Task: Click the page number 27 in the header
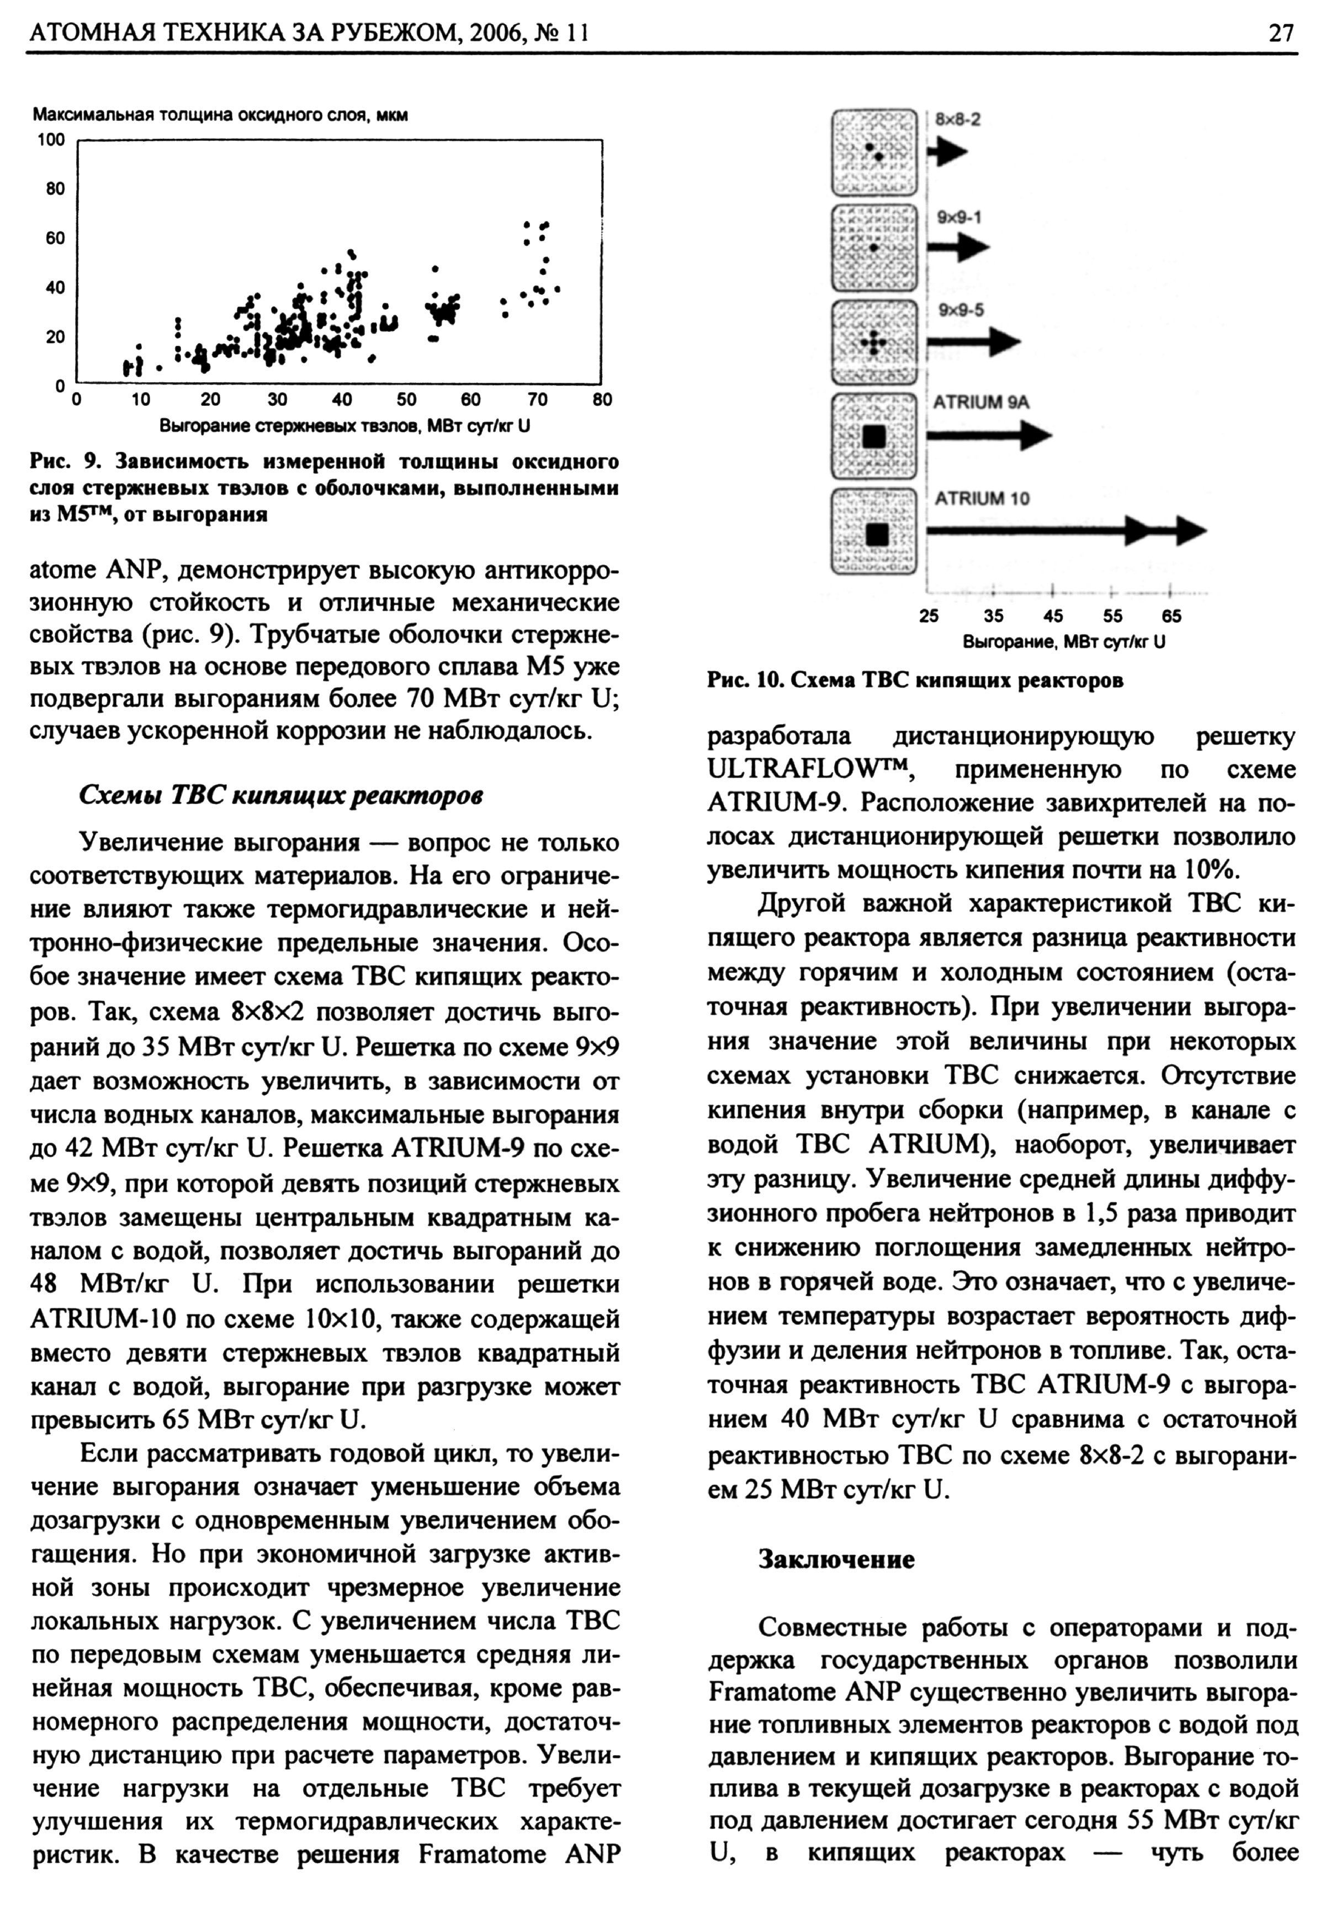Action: (1281, 33)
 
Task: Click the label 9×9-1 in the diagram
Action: (960, 218)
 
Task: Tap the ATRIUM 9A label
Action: (981, 403)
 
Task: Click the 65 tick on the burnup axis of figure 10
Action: (1172, 616)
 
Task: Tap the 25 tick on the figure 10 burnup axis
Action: (929, 616)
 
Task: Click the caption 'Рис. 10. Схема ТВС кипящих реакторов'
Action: (915, 681)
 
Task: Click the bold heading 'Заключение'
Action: (836, 1560)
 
